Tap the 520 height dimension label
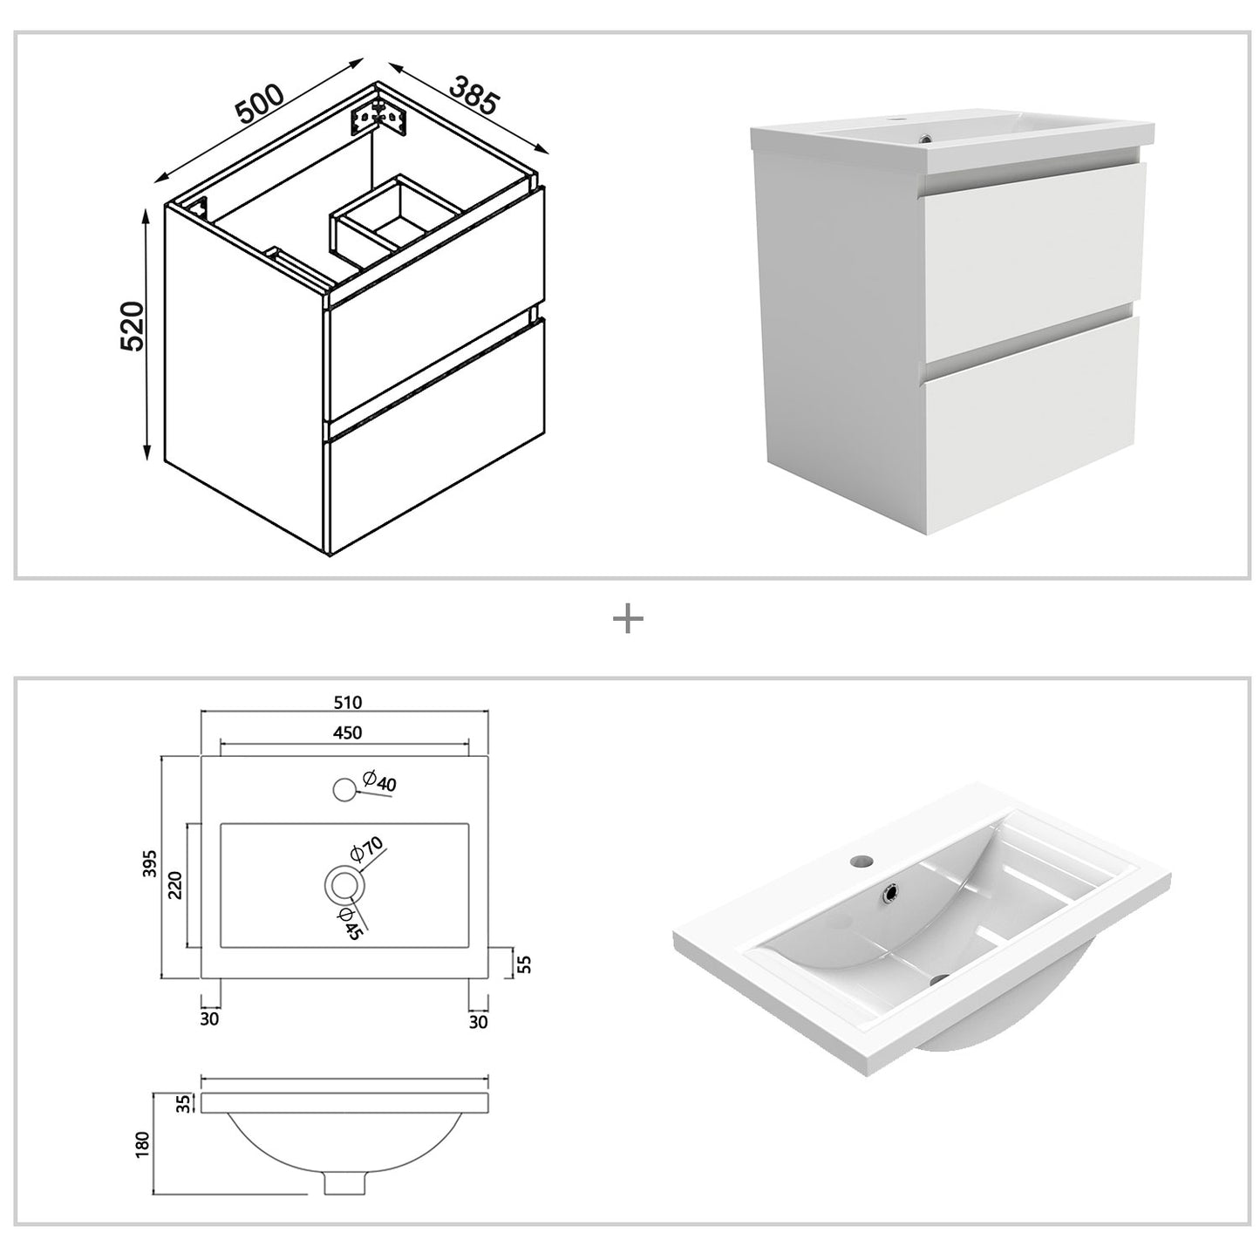coord(133,326)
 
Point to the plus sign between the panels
coord(628,620)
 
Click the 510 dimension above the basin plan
coord(346,702)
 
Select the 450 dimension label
coord(346,733)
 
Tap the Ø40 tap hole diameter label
coord(379,782)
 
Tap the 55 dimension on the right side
coord(525,963)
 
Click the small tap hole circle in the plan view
coord(344,790)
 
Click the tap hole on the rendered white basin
coord(862,860)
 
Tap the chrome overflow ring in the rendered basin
coord(891,892)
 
